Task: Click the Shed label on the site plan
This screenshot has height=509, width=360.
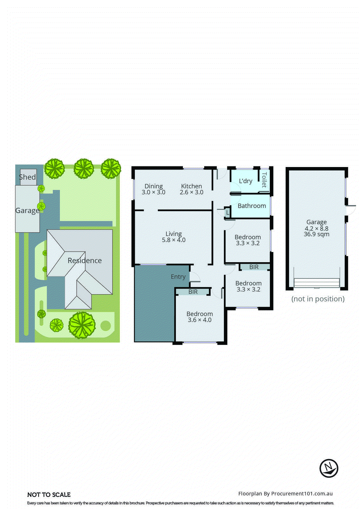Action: (27, 177)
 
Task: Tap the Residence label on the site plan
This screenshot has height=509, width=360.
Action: (85, 261)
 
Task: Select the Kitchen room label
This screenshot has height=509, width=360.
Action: (191, 186)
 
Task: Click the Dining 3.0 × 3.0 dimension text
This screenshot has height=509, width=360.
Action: (154, 192)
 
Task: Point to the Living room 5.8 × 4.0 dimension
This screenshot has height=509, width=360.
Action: (174, 240)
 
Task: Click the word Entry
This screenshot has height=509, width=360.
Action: (178, 277)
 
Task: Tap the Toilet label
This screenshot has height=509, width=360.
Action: (264, 180)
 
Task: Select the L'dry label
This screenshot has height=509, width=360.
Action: (246, 181)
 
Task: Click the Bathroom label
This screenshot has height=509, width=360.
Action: (252, 206)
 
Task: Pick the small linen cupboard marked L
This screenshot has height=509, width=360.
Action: (227, 213)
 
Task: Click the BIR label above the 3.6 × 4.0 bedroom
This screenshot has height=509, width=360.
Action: (193, 292)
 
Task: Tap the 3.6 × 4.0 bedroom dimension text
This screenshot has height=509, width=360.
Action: (200, 320)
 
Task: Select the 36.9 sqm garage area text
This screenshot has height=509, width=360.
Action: (316, 234)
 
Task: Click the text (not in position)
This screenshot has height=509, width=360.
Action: (318, 299)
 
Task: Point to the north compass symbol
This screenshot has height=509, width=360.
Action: (329, 468)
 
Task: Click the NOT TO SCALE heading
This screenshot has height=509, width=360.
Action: (49, 495)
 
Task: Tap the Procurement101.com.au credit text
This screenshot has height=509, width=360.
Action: (285, 494)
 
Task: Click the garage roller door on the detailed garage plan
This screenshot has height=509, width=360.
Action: (317, 282)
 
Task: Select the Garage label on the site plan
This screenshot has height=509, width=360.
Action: (27, 211)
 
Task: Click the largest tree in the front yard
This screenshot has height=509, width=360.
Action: (82, 325)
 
